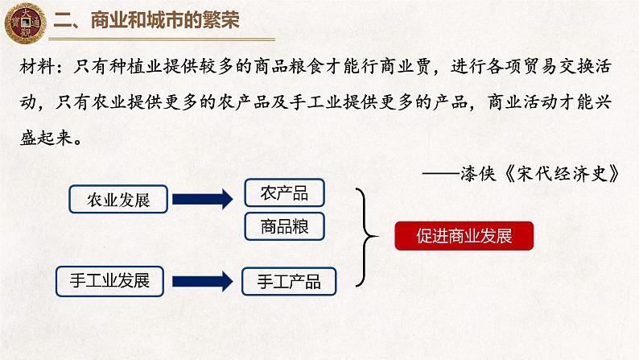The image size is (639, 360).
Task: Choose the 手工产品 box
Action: click(x=289, y=281)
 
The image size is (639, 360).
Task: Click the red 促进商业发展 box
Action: click(x=465, y=237)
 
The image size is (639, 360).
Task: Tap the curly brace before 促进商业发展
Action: click(x=366, y=237)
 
